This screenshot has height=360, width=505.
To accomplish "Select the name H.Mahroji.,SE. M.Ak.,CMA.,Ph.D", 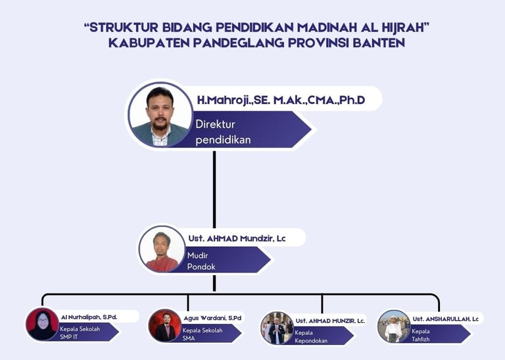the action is (280, 100).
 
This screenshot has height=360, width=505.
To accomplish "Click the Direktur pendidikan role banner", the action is (243, 131).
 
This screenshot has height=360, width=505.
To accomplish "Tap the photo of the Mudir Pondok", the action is (162, 249).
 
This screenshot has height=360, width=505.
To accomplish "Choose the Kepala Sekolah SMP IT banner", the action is (82, 332).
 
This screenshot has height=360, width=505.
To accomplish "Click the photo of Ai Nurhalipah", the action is (43, 324).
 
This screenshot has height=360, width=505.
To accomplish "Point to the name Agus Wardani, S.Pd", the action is (212, 318).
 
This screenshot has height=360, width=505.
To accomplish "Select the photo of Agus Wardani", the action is (165, 325).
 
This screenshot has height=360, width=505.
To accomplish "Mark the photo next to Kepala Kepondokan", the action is (277, 328).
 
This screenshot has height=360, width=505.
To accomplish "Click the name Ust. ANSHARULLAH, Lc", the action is (447, 319).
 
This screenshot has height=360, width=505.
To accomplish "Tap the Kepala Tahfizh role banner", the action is (434, 334).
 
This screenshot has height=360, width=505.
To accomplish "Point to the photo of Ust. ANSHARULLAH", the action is (394, 326).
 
